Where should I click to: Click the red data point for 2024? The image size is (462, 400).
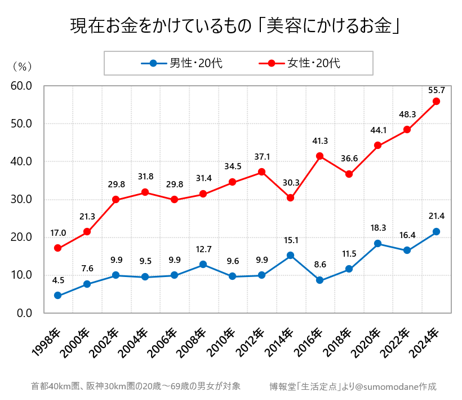pos(436,102)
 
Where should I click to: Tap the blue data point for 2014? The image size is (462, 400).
pos(290,255)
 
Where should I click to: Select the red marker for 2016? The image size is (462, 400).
pos(319,156)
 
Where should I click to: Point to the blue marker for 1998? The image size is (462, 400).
pos(57,296)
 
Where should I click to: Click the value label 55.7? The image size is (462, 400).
pos(436,90)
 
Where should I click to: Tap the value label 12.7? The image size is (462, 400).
pos(203,249)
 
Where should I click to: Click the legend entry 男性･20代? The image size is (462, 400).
pos(183,63)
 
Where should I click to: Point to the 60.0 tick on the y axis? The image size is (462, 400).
pos(21,86)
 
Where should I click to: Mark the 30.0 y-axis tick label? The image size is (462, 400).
pos(21,200)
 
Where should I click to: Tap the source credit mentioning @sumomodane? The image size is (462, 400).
pos(353,386)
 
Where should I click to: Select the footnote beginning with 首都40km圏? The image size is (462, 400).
pos(136,386)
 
